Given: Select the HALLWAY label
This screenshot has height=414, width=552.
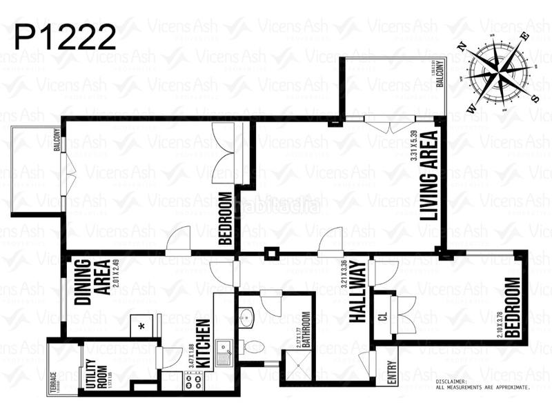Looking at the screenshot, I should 357,291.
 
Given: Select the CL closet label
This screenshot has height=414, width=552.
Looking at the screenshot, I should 382,317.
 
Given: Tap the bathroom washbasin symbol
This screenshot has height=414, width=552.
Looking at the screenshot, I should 248,318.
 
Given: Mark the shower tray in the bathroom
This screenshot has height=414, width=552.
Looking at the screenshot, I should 298,366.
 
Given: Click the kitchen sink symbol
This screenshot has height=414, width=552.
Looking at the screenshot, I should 224,352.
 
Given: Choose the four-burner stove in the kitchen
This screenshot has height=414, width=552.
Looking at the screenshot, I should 191,379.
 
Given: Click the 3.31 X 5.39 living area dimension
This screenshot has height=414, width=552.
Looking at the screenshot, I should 414,146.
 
